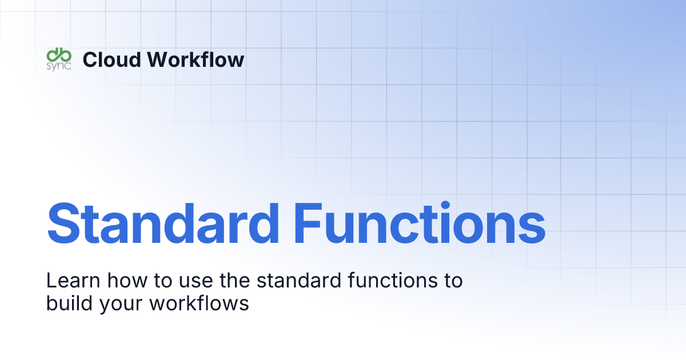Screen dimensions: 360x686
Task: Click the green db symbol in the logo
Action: [58, 54]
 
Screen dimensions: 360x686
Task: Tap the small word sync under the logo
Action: [58, 65]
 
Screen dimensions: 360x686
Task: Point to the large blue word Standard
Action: [163, 223]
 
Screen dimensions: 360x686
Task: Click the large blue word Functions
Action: [420, 223]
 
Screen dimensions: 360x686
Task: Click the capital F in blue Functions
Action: [309, 223]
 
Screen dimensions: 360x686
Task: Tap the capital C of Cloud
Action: [90, 59]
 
